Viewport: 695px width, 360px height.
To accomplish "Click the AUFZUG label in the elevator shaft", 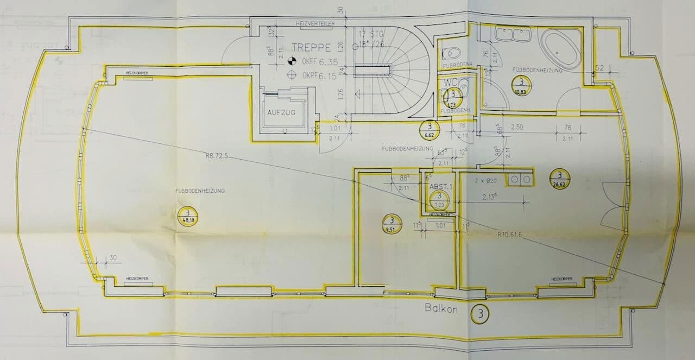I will pyautogui.click(x=281, y=112).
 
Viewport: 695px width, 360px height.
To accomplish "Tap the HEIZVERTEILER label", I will pyautogui.click(x=315, y=24).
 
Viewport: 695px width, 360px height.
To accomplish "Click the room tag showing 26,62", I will pyautogui.click(x=559, y=178).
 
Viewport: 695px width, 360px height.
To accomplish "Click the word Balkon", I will pyautogui.click(x=441, y=310).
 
